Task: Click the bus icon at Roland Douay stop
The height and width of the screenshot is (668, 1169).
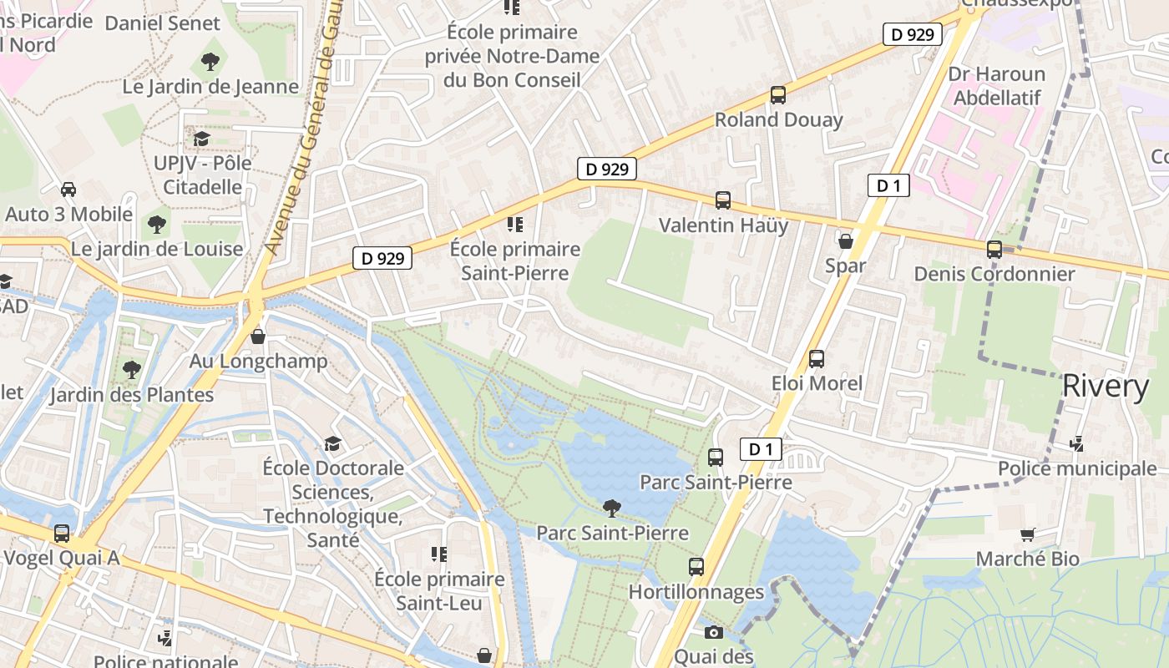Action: (x=778, y=95)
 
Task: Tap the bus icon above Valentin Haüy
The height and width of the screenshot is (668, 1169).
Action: (x=723, y=200)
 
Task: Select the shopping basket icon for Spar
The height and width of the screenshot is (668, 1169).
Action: (x=845, y=241)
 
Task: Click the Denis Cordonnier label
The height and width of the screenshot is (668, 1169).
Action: (x=994, y=274)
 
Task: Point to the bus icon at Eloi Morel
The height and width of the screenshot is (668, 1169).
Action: (x=817, y=359)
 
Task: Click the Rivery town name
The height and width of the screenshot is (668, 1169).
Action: (x=1106, y=386)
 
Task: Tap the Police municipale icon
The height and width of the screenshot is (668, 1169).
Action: (x=1077, y=443)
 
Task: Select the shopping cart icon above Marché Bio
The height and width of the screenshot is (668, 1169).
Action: (x=1027, y=534)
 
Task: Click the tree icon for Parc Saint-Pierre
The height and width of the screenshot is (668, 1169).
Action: (x=612, y=508)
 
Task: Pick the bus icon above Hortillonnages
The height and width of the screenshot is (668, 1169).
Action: (x=696, y=567)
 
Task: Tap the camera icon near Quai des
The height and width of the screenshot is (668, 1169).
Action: (x=713, y=632)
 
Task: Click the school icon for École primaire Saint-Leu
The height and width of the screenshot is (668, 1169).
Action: (x=439, y=554)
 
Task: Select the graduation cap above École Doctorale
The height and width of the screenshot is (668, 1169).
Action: (x=332, y=443)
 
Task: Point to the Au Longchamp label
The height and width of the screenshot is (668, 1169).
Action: (x=258, y=362)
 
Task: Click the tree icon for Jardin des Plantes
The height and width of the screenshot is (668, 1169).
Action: (x=131, y=369)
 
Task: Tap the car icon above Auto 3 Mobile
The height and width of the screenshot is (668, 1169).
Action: (x=68, y=190)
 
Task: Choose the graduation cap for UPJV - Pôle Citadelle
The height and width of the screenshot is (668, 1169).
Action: (x=201, y=138)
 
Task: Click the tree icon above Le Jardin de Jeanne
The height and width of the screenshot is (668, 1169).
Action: (x=210, y=61)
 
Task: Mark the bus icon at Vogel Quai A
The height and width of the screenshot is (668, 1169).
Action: (x=62, y=533)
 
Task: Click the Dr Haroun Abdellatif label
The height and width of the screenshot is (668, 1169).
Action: (x=996, y=85)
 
